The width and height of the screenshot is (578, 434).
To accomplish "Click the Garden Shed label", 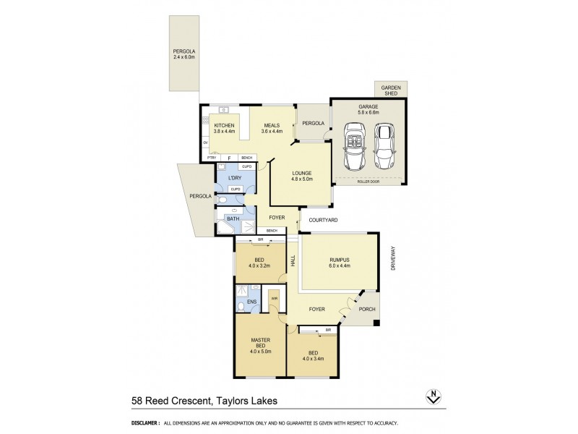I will pos(392,90).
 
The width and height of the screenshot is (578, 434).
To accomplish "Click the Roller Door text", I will pos(368,182).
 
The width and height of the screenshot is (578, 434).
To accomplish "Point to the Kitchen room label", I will pos(225,129).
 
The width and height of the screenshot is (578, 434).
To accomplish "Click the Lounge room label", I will pos(301,176).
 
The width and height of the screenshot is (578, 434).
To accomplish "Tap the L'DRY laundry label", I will pos(234,177).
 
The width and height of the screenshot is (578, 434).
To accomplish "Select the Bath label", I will pos(233,218).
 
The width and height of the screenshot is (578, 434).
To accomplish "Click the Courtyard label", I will pos(324,220).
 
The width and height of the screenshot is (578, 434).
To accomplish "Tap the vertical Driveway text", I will pos(394,259).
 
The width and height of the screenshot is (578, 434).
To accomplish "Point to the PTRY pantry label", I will pos(212,158).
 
